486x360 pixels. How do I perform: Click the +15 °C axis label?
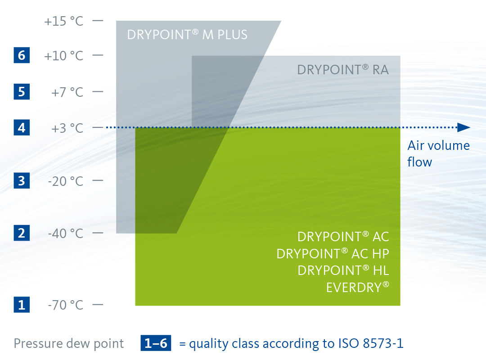[x=64, y=22]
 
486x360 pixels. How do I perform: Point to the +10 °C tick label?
[x=64, y=56]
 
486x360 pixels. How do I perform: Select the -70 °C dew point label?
[x=66, y=305]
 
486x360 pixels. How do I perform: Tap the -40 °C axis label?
[x=66, y=234]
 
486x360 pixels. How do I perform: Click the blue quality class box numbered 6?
[x=22, y=55]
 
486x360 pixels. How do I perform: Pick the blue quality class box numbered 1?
[x=22, y=305]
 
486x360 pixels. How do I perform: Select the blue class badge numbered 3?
[x=22, y=181]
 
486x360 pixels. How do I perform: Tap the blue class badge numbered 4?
[x=22, y=127]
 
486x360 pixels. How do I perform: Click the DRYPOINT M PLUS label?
[x=187, y=34]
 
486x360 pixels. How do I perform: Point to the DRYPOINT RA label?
[x=343, y=70]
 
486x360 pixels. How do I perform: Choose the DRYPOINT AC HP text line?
[x=333, y=254]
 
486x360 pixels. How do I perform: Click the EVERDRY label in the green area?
[x=358, y=287]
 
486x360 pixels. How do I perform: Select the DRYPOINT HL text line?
[x=343, y=270]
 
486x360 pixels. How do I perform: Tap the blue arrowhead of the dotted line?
[x=464, y=127]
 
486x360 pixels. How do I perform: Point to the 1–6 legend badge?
[x=156, y=343]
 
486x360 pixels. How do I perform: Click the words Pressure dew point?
[x=69, y=343]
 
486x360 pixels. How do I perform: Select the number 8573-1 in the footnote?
[x=383, y=343]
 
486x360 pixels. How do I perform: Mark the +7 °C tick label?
[x=67, y=92]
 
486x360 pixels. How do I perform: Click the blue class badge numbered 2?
[x=22, y=233]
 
